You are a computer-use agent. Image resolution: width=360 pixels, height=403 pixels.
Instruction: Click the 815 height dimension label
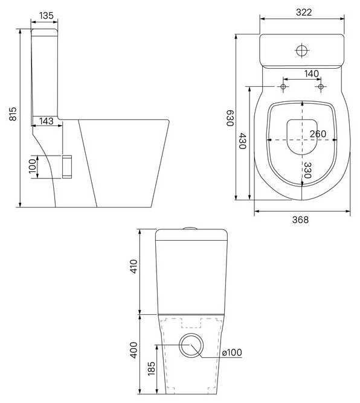click(13, 113)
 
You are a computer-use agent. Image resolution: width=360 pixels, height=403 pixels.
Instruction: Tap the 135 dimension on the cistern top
click(47, 16)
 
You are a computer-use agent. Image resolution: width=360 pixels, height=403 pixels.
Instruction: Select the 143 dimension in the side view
click(47, 121)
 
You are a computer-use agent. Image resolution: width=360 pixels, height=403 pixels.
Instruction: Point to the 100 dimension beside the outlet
click(33, 166)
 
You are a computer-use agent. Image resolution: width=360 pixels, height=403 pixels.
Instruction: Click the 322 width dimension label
click(304, 12)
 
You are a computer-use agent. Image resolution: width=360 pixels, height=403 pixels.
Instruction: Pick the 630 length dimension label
click(230, 118)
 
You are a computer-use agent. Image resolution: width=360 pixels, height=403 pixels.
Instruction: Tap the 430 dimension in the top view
click(242, 141)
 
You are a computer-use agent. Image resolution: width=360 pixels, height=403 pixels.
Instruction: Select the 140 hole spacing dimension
click(311, 74)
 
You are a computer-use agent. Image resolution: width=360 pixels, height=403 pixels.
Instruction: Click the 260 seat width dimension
click(318, 134)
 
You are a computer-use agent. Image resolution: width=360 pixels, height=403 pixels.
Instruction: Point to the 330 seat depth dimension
click(307, 170)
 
